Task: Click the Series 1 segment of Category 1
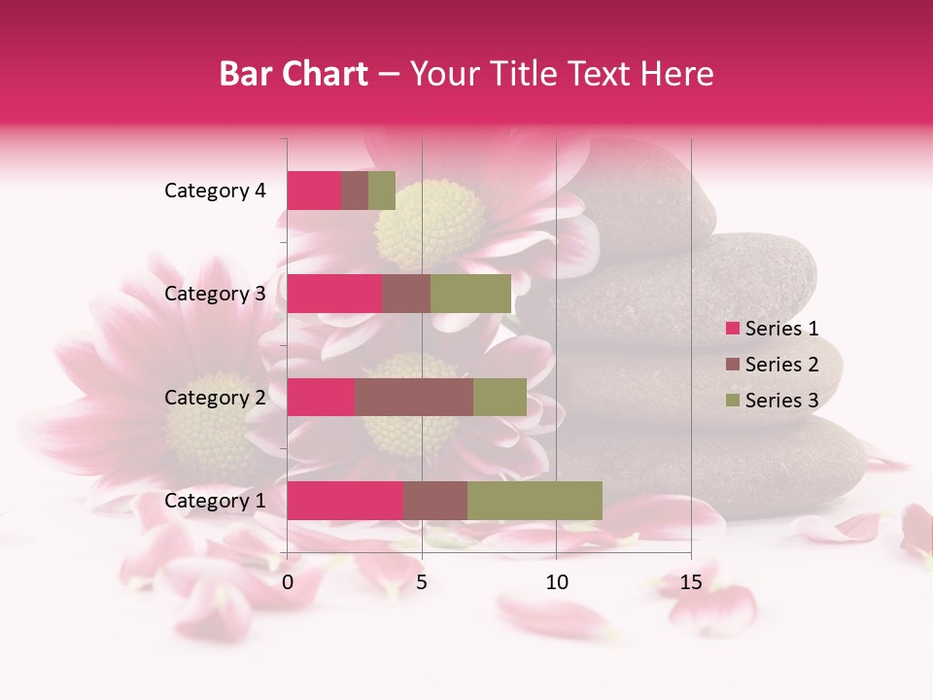point(345,501)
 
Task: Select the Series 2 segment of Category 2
point(414,397)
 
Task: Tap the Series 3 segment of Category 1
point(535,501)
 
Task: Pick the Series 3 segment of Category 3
point(470,294)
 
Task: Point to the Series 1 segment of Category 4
point(314,191)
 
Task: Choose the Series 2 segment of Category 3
point(406,294)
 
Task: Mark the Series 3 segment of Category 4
point(382,191)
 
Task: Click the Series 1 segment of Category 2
point(321,397)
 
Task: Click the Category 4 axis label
point(215,191)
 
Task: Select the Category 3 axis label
point(215,294)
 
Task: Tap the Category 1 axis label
point(215,501)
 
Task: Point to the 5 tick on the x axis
point(422,582)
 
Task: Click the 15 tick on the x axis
point(691,582)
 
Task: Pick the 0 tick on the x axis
point(288,582)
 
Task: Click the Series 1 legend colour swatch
point(732,329)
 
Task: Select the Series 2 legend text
point(781,365)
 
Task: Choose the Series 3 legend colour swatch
point(732,401)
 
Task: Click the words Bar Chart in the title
point(294,74)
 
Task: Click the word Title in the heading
point(523,74)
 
